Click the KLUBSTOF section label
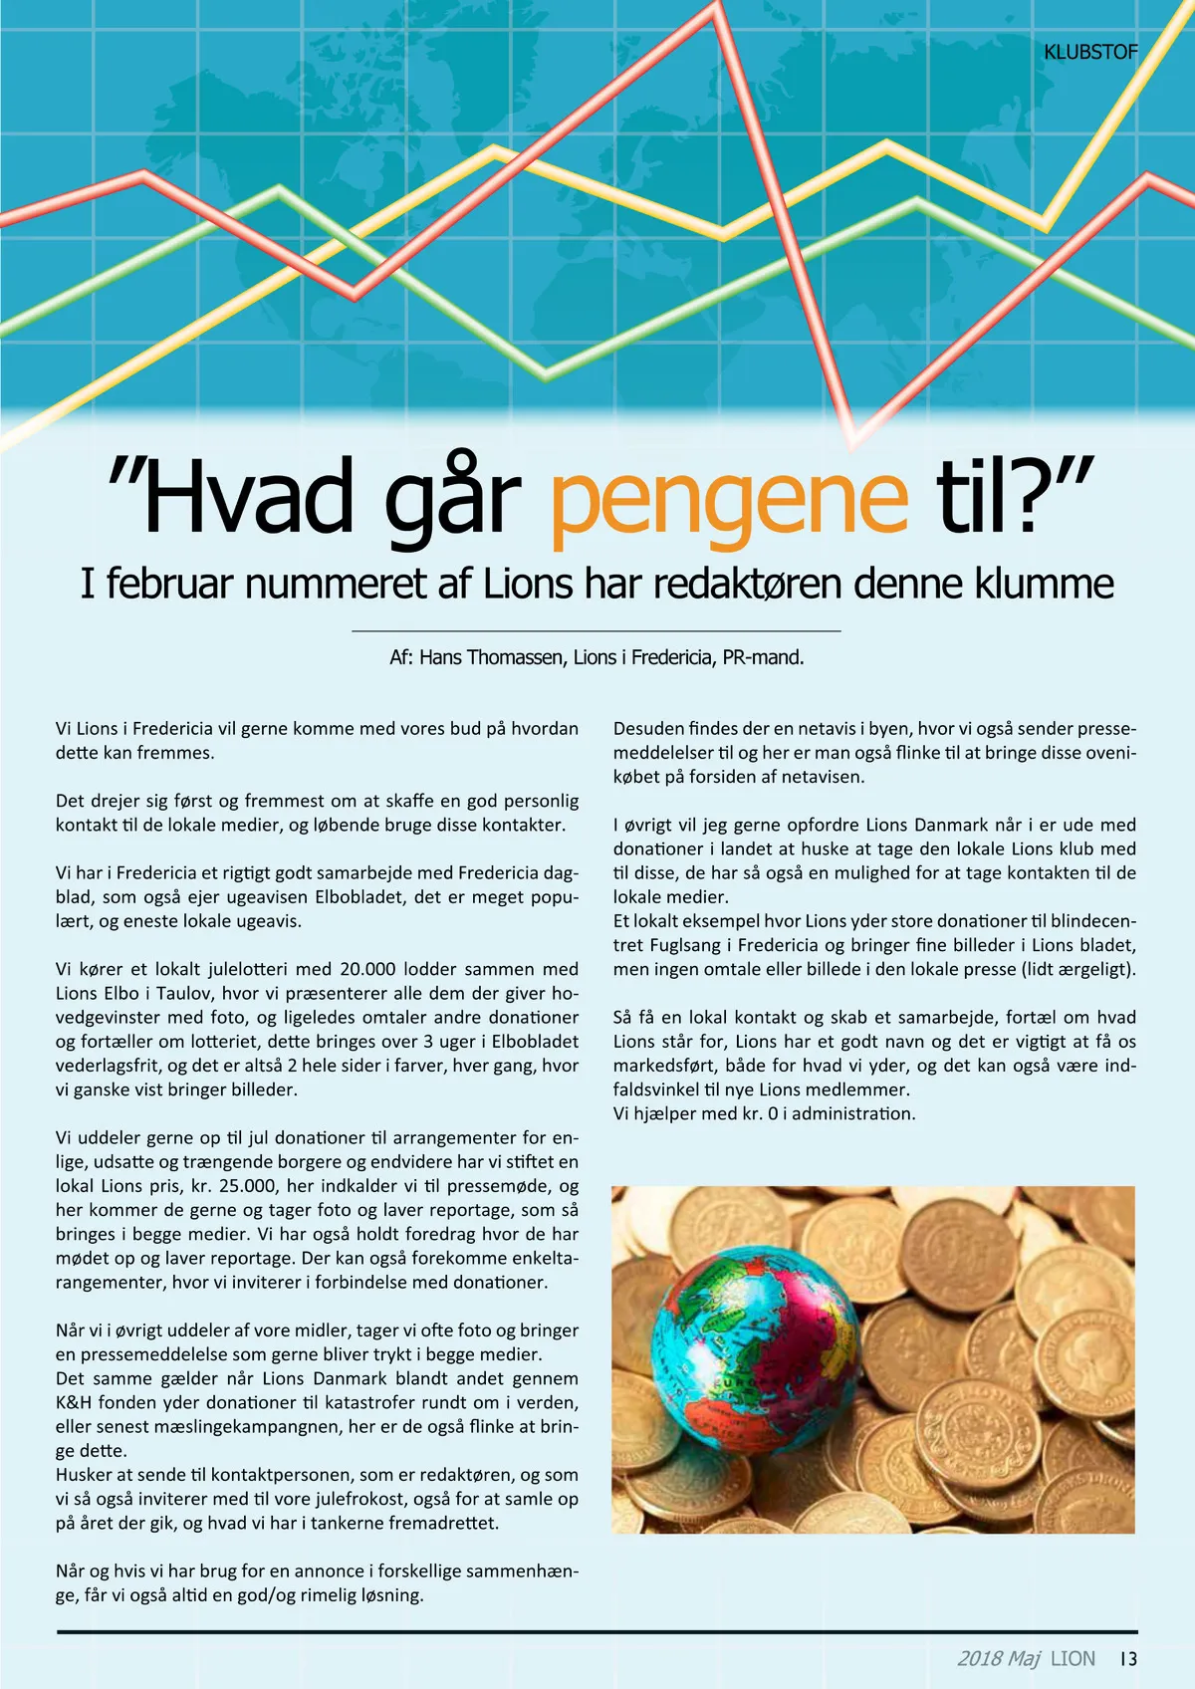(x=1089, y=52)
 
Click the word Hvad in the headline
(x=249, y=496)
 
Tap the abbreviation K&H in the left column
(x=74, y=1402)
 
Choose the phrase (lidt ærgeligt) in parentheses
(x=1077, y=969)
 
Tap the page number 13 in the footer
(x=1127, y=1658)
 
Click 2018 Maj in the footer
(x=998, y=1658)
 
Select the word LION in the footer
(x=1073, y=1658)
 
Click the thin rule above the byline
(x=597, y=630)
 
